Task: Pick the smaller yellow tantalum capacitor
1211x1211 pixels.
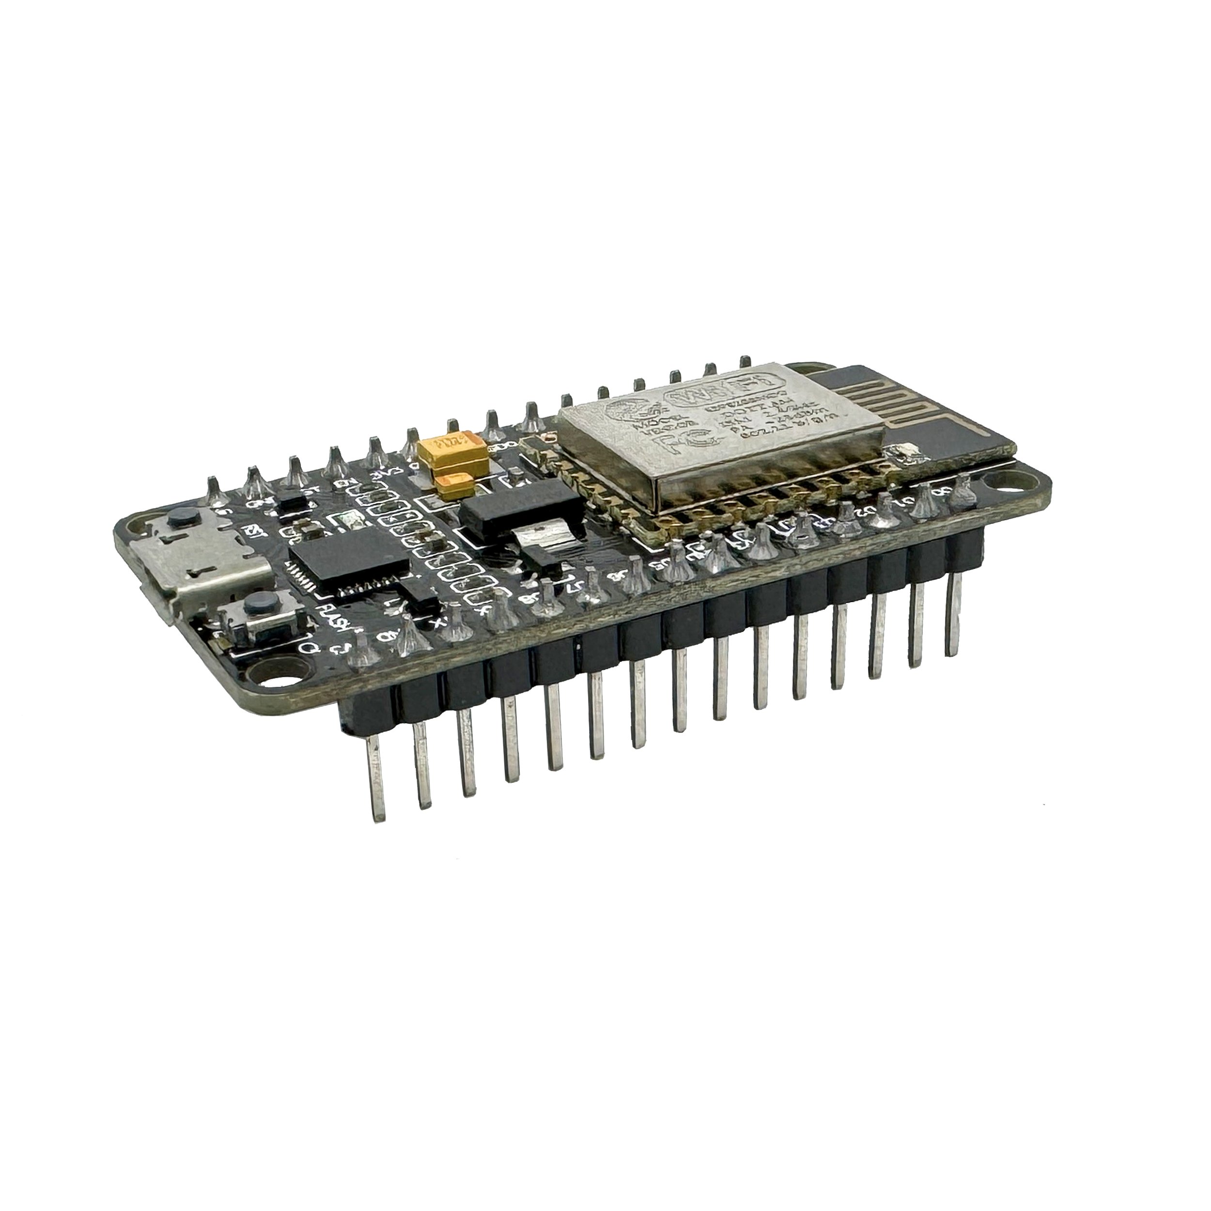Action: click(456, 487)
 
